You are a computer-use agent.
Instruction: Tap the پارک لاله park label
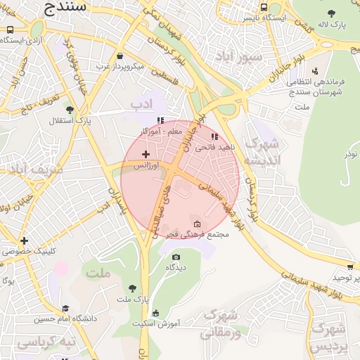coord(332,25)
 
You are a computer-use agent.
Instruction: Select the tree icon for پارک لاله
coord(332,13)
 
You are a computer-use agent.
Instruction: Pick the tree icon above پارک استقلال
coord(69,110)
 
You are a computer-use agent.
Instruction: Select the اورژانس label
coord(147,165)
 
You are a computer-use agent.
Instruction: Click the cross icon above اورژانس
coord(146,154)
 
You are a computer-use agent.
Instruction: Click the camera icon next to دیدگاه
coord(176,257)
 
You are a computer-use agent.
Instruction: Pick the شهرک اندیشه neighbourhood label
coord(261,152)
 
